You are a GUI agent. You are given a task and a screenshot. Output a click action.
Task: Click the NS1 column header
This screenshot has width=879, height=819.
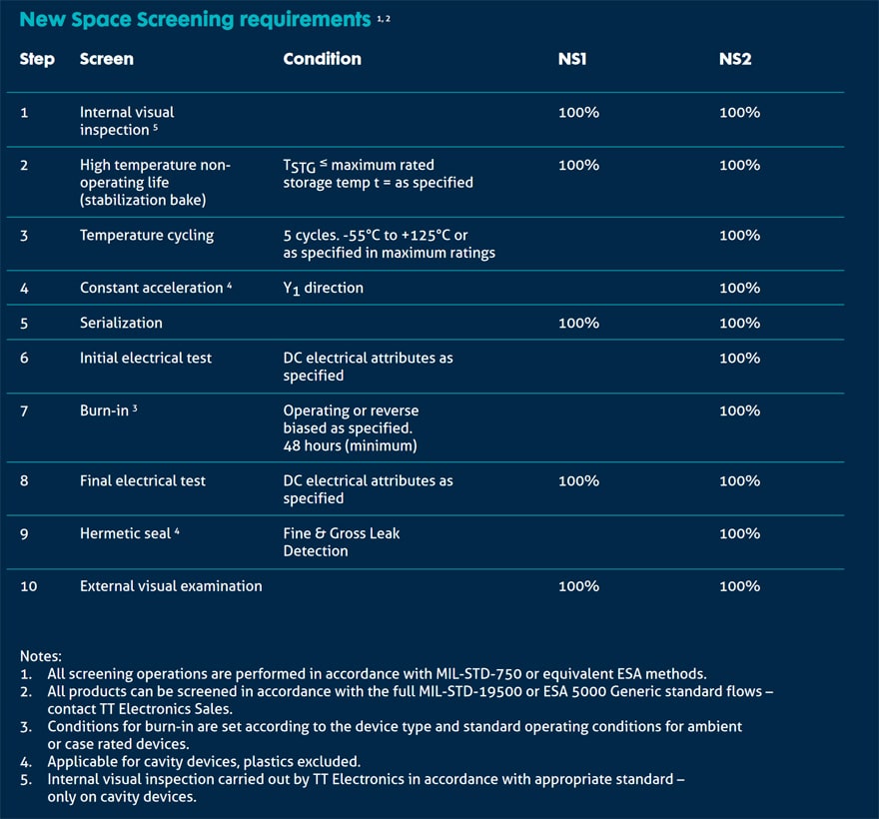572,59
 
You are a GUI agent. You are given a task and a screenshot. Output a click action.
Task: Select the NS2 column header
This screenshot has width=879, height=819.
735,59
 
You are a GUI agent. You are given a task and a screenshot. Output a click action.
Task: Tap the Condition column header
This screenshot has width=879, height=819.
323,59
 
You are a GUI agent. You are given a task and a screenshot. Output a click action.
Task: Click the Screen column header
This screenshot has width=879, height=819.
107,59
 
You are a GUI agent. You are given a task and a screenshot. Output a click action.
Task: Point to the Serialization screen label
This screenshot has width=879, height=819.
121,323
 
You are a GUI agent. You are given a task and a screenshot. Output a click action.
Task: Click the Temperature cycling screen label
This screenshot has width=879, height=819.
147,236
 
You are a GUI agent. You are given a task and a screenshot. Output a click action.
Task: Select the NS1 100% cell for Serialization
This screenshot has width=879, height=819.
578,323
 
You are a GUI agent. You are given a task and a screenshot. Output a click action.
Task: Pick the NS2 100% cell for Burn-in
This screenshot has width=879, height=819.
740,410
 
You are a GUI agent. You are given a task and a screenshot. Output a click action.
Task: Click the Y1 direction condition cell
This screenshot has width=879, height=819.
323,289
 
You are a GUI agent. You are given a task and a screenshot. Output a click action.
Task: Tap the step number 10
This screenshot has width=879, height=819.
29,586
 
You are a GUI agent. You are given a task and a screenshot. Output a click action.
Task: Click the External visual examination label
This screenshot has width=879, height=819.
171,586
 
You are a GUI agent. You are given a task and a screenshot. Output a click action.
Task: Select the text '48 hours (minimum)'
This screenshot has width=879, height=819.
350,446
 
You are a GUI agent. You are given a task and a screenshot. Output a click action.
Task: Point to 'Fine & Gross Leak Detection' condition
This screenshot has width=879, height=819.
342,542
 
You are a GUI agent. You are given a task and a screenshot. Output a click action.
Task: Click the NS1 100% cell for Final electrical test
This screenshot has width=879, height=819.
578,481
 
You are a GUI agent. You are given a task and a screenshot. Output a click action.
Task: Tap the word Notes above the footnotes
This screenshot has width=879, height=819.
40,656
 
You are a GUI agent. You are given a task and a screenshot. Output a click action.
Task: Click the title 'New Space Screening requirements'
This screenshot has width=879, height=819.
195,20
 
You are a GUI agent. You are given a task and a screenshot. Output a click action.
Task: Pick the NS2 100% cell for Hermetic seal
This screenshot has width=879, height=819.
740,533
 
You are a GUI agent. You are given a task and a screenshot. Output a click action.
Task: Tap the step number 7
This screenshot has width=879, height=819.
24,411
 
